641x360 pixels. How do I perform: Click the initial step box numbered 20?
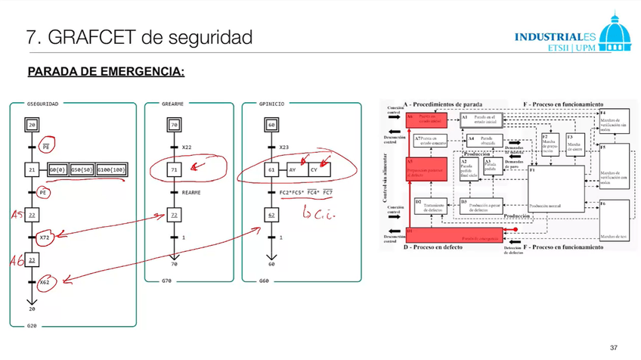pyautogui.click(x=32, y=125)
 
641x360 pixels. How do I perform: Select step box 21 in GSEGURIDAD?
pyautogui.click(x=32, y=170)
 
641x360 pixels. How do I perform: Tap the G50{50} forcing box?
pyautogui.click(x=81, y=170)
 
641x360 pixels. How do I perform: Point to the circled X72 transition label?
pyautogui.click(x=44, y=237)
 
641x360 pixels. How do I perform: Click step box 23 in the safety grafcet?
pyautogui.click(x=32, y=260)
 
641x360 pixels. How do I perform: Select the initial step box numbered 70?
pyautogui.click(x=175, y=125)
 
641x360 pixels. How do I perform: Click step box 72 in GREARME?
pyautogui.click(x=175, y=216)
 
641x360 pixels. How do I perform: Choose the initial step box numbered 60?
pyautogui.click(x=271, y=125)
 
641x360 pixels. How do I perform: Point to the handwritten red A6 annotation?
pyautogui.click(x=14, y=261)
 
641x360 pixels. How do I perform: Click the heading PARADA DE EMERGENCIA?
pyautogui.click(x=106, y=73)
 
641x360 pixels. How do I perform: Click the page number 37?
pyautogui.click(x=614, y=348)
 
